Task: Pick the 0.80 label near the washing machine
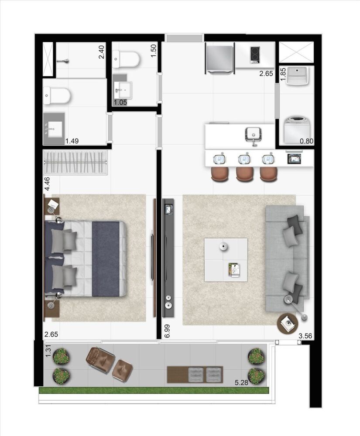[x=307, y=140]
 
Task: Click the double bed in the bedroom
[x=85, y=258]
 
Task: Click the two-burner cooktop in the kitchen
[x=255, y=55]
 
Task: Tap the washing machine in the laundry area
[x=293, y=127]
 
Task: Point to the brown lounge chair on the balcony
[x=101, y=358]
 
